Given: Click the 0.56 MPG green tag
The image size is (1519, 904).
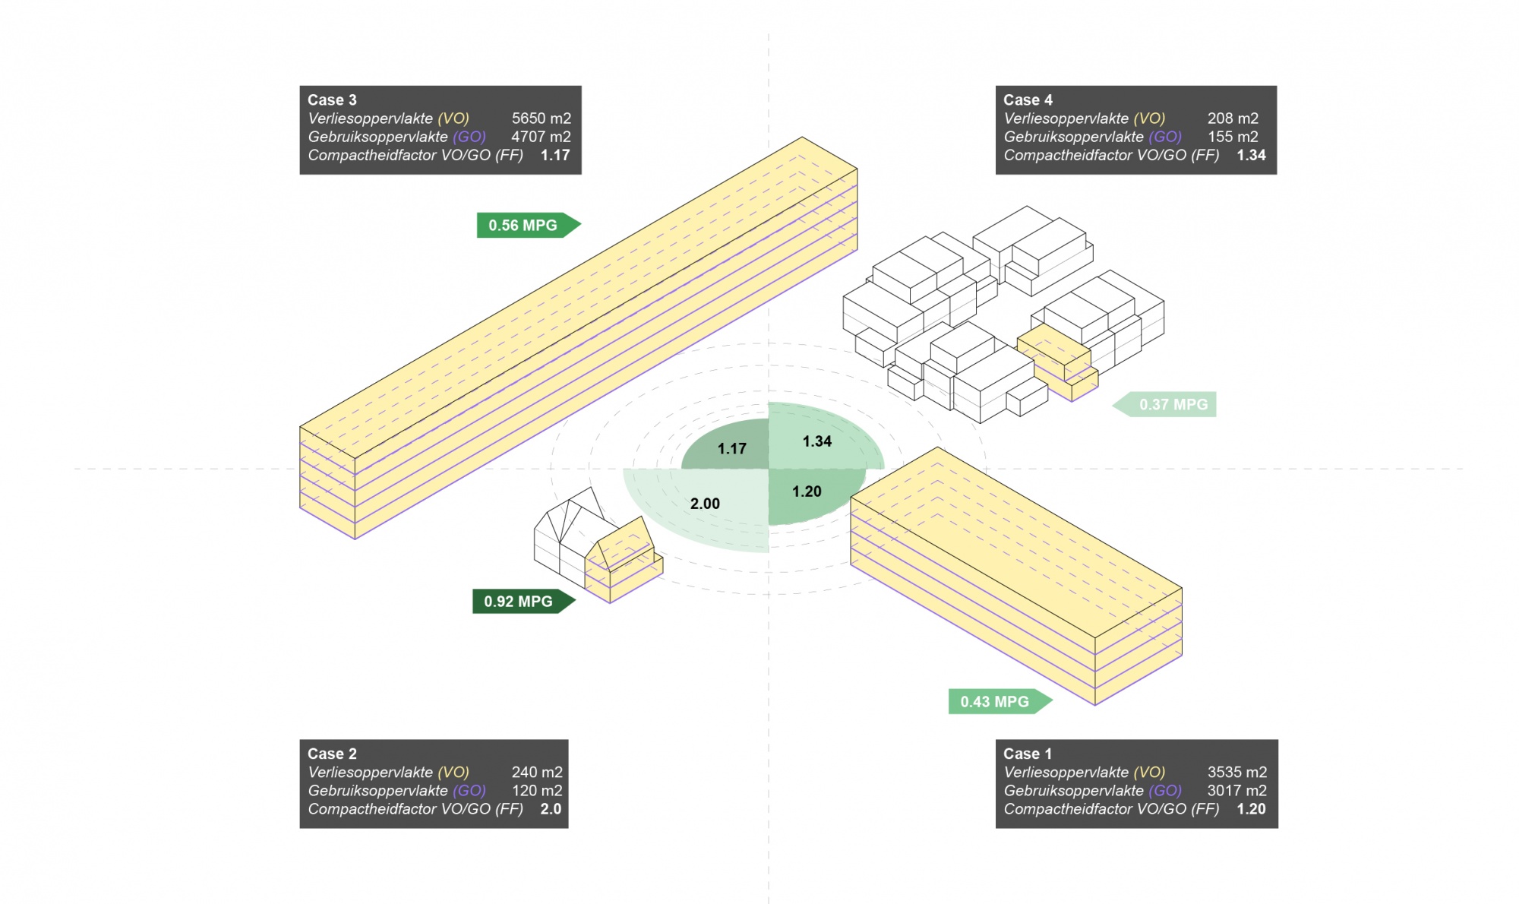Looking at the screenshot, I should click(x=524, y=225).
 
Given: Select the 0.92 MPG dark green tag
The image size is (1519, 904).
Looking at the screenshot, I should click(x=519, y=601).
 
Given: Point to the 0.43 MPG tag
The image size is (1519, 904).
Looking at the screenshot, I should click(x=996, y=701).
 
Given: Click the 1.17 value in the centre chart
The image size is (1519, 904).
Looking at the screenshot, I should click(x=731, y=449).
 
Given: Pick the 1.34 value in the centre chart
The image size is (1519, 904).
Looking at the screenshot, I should click(x=817, y=441).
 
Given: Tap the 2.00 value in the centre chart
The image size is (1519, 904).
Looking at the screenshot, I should click(x=705, y=504).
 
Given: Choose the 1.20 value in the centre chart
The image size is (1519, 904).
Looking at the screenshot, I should click(x=807, y=492).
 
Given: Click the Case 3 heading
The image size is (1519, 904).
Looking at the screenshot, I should click(x=332, y=100).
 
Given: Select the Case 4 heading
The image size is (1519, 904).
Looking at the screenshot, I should click(x=1028, y=100).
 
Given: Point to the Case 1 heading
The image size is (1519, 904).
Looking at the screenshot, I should click(x=1028, y=754).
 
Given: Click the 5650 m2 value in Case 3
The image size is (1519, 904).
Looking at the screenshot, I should click(x=541, y=119).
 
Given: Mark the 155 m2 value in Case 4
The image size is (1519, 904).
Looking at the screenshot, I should click(x=1233, y=137).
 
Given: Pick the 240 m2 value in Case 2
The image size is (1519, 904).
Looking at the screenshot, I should click(x=537, y=772).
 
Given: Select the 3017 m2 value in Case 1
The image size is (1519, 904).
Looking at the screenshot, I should click(x=1236, y=790).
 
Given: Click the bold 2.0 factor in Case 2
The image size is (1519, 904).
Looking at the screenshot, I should click(x=551, y=809).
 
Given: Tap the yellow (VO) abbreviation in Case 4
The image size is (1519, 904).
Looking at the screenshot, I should click(x=1149, y=119).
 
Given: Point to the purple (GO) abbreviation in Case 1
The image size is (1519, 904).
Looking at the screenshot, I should click(x=1165, y=790).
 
